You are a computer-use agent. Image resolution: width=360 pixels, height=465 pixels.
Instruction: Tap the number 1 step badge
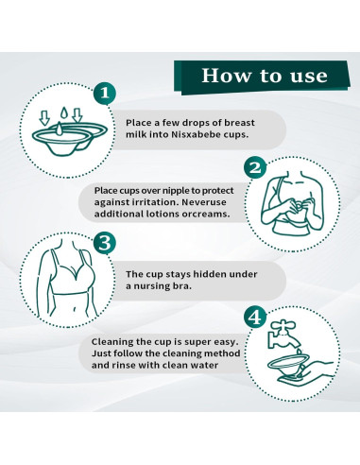click(105, 93)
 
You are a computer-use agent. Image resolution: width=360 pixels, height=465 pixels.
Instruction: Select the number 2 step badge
click(255, 167)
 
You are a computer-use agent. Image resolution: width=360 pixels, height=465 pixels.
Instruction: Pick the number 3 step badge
click(105, 243)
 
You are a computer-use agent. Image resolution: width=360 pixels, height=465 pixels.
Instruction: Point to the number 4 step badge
click(255, 318)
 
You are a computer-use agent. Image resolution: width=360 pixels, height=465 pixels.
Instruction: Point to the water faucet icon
click(283, 335)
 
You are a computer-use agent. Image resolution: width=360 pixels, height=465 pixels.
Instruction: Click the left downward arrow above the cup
click(45, 117)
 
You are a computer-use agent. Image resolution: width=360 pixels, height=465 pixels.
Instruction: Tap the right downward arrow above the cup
click(77, 115)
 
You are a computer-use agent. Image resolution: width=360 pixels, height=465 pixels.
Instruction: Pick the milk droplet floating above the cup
click(64, 112)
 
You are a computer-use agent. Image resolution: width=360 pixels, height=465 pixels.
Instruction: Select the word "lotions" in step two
click(163, 214)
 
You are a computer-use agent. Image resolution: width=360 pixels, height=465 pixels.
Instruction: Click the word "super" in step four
click(198, 342)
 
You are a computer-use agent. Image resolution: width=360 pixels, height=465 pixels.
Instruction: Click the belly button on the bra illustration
click(75, 310)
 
